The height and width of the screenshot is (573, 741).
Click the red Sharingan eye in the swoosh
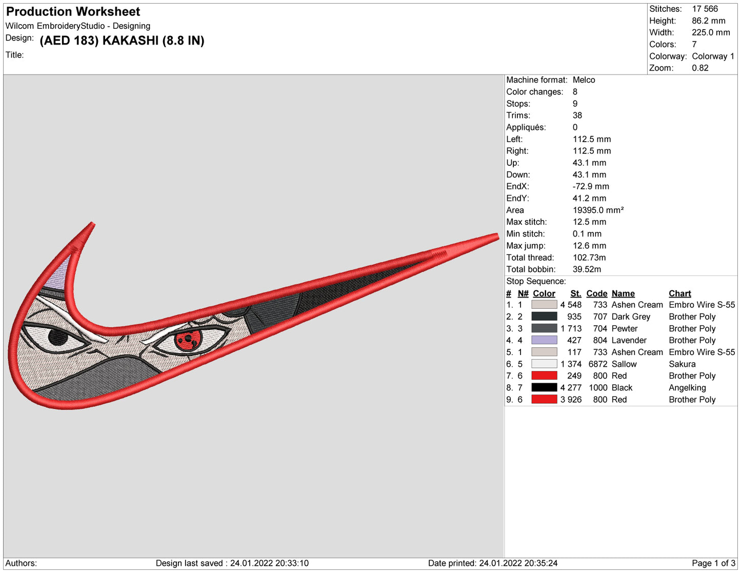[x=187, y=340]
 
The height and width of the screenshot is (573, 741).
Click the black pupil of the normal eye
[x=57, y=337]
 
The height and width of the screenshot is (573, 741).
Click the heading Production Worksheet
[x=73, y=11]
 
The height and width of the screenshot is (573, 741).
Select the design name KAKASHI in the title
[x=130, y=41]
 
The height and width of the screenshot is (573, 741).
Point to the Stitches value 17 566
[x=705, y=9]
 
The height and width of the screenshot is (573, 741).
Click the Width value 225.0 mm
[x=711, y=32]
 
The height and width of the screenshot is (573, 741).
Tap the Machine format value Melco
[x=584, y=80]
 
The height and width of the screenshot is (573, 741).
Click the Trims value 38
[x=577, y=115]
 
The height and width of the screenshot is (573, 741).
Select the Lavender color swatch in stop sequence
[x=544, y=340]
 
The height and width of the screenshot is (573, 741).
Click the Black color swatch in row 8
[x=544, y=388]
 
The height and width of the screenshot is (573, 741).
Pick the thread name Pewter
[x=624, y=328]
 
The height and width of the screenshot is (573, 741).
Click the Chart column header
[x=679, y=293]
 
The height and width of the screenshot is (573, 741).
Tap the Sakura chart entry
[x=682, y=364]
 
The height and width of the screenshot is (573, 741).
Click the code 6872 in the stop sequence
[x=597, y=364]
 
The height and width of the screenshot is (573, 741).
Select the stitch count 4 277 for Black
[x=571, y=388]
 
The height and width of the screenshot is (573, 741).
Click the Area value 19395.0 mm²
[x=598, y=210]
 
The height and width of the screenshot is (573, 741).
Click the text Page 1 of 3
[x=713, y=563]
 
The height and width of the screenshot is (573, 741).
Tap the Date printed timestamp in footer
[x=518, y=563]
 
